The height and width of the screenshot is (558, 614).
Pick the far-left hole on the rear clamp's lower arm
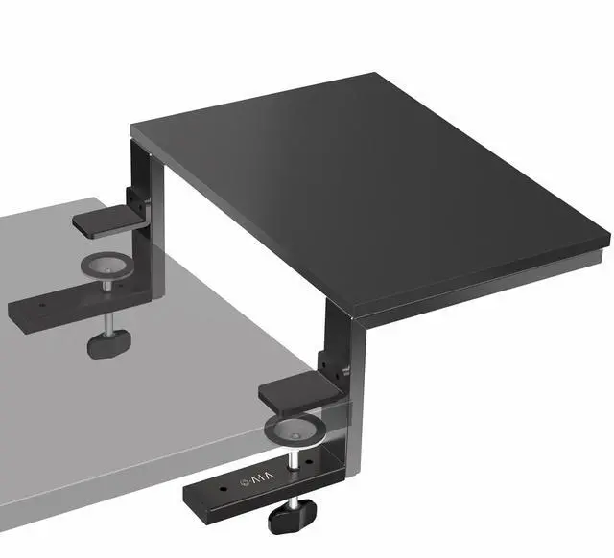(21, 312)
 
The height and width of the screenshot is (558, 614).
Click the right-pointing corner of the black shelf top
(607, 237)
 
